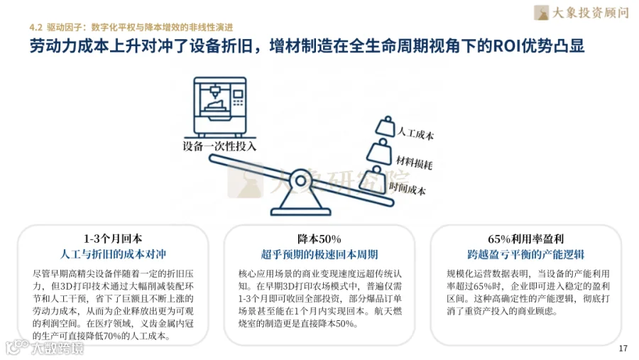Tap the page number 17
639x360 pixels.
tap(623, 348)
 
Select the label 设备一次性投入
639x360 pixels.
tap(219, 147)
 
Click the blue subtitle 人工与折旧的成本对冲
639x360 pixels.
tap(113, 254)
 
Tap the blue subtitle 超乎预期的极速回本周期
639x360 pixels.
tap(319, 254)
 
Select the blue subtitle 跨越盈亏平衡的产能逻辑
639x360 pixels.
tap(525, 254)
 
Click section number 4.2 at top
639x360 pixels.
tap(36, 27)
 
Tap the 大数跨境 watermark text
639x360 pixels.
tap(57, 348)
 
